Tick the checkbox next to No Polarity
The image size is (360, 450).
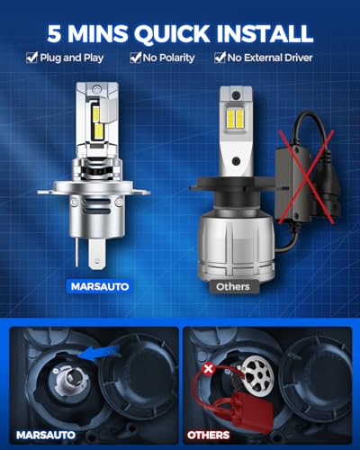tap(135, 58)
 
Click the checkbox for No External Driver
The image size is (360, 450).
tap(220, 58)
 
